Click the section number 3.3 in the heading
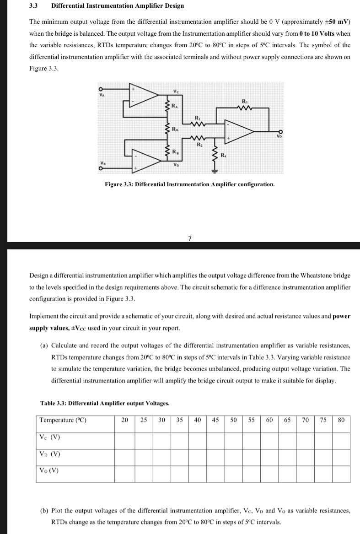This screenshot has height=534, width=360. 33,6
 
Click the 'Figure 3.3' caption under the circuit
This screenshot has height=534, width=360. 190,184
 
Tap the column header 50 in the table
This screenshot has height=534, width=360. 233,420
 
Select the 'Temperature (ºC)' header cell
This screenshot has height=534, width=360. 63,420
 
